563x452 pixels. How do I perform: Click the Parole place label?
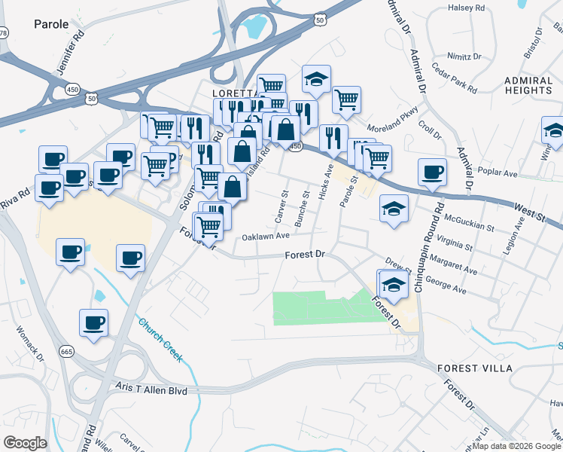pyautogui.click(x=51, y=24)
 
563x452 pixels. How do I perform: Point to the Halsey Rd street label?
pyautogui.click(x=467, y=8)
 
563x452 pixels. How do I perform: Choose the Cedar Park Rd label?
pyautogui.click(x=455, y=78)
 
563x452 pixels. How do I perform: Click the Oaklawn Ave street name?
pyautogui.click(x=266, y=236)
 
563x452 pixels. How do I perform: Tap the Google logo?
pyautogui.click(x=25, y=442)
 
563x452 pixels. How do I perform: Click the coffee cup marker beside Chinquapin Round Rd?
pyautogui.click(x=432, y=171)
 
